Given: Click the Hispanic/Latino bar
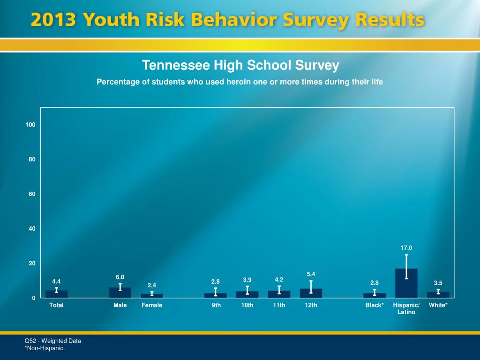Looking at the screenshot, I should [x=406, y=284].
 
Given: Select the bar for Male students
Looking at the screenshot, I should [x=120, y=293].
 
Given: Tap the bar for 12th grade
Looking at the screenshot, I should [x=311, y=293].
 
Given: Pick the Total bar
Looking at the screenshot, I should [x=56, y=294].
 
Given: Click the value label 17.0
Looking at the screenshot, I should [x=406, y=247].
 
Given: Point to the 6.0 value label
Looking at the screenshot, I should [x=120, y=277].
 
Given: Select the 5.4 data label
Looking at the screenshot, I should [x=311, y=274].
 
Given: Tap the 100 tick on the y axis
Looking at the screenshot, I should [x=31, y=125].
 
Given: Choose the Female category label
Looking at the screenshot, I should [x=152, y=305].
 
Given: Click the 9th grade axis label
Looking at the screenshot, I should [x=216, y=305].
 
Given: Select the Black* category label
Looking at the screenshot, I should [x=375, y=305].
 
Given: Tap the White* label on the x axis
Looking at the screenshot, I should [x=438, y=305].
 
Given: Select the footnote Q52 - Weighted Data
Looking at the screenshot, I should [x=52, y=341].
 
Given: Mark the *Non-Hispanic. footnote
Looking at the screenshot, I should [x=45, y=348].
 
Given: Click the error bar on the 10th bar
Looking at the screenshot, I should [x=247, y=290].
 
